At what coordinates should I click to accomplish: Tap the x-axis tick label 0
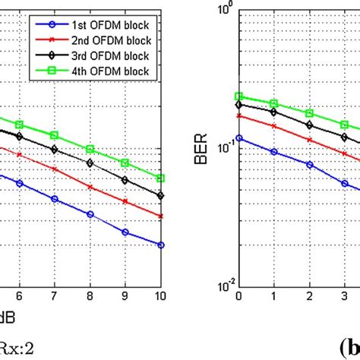[x=239, y=296]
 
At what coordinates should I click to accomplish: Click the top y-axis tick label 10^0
[x=223, y=9]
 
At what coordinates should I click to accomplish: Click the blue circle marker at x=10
[x=160, y=245]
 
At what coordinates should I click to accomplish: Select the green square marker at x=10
[x=160, y=178]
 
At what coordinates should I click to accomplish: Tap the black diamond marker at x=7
[x=55, y=149]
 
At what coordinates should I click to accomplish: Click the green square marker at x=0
[x=239, y=96]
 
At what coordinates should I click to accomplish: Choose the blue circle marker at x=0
[x=239, y=138]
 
